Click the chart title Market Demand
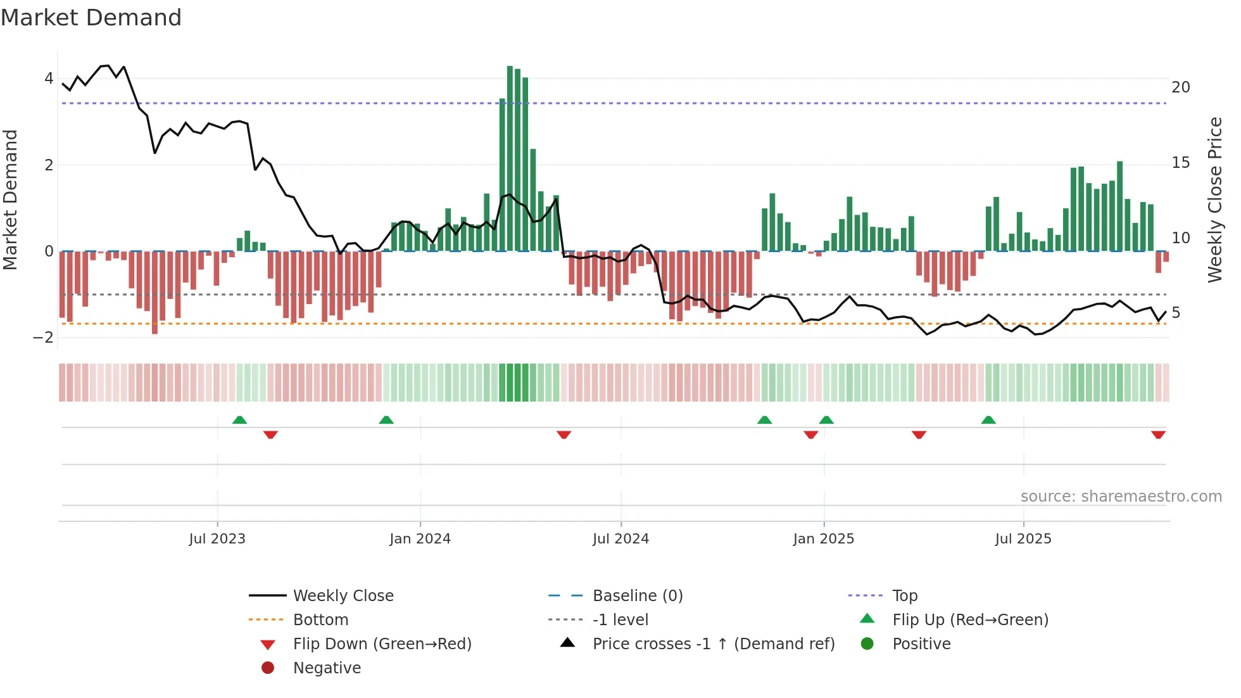[91, 18]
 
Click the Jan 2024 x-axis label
[420, 539]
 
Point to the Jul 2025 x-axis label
[1023, 539]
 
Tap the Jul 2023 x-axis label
[217, 539]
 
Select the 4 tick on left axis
[49, 79]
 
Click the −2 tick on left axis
[44, 338]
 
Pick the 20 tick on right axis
[1180, 87]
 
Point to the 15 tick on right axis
[1180, 163]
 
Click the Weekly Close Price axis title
[1214, 200]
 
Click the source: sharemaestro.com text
[1121, 497]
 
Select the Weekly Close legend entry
[343, 596]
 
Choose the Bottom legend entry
[320, 620]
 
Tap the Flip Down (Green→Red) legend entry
[382, 644]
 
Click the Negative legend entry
[327, 668]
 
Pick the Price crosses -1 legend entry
[713, 644]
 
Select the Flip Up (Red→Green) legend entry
[970, 620]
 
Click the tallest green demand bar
[510, 158]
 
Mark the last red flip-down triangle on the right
[1158, 435]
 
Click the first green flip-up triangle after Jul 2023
[239, 420]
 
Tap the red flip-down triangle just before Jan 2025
[810, 435]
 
